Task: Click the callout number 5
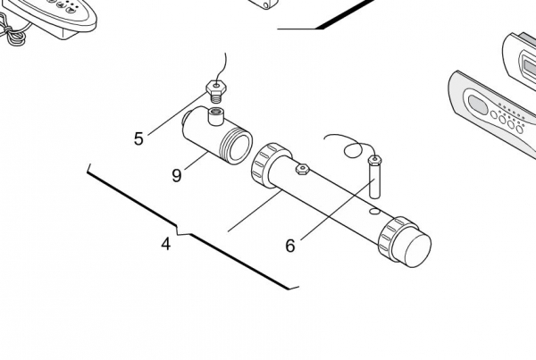138,138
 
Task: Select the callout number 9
176,175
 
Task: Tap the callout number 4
166,244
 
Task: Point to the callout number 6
290,246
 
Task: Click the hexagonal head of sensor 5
216,88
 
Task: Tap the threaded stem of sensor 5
215,98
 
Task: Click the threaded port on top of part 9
215,116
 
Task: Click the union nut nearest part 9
270,164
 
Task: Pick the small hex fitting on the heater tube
303,169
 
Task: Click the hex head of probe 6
375,160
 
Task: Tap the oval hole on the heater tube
375,212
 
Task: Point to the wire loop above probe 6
354,150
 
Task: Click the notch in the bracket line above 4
183,230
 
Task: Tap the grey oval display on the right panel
478,105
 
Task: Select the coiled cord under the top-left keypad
12,31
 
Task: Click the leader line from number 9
197,161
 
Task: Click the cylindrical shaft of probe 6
375,181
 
